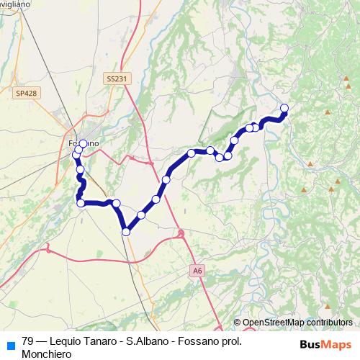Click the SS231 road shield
(114, 78)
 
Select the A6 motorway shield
(198, 270)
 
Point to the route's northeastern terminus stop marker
(284, 108)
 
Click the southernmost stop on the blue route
(126, 231)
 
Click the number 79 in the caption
(28, 342)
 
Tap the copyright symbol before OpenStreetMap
(237, 323)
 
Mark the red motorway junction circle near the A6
(181, 233)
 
